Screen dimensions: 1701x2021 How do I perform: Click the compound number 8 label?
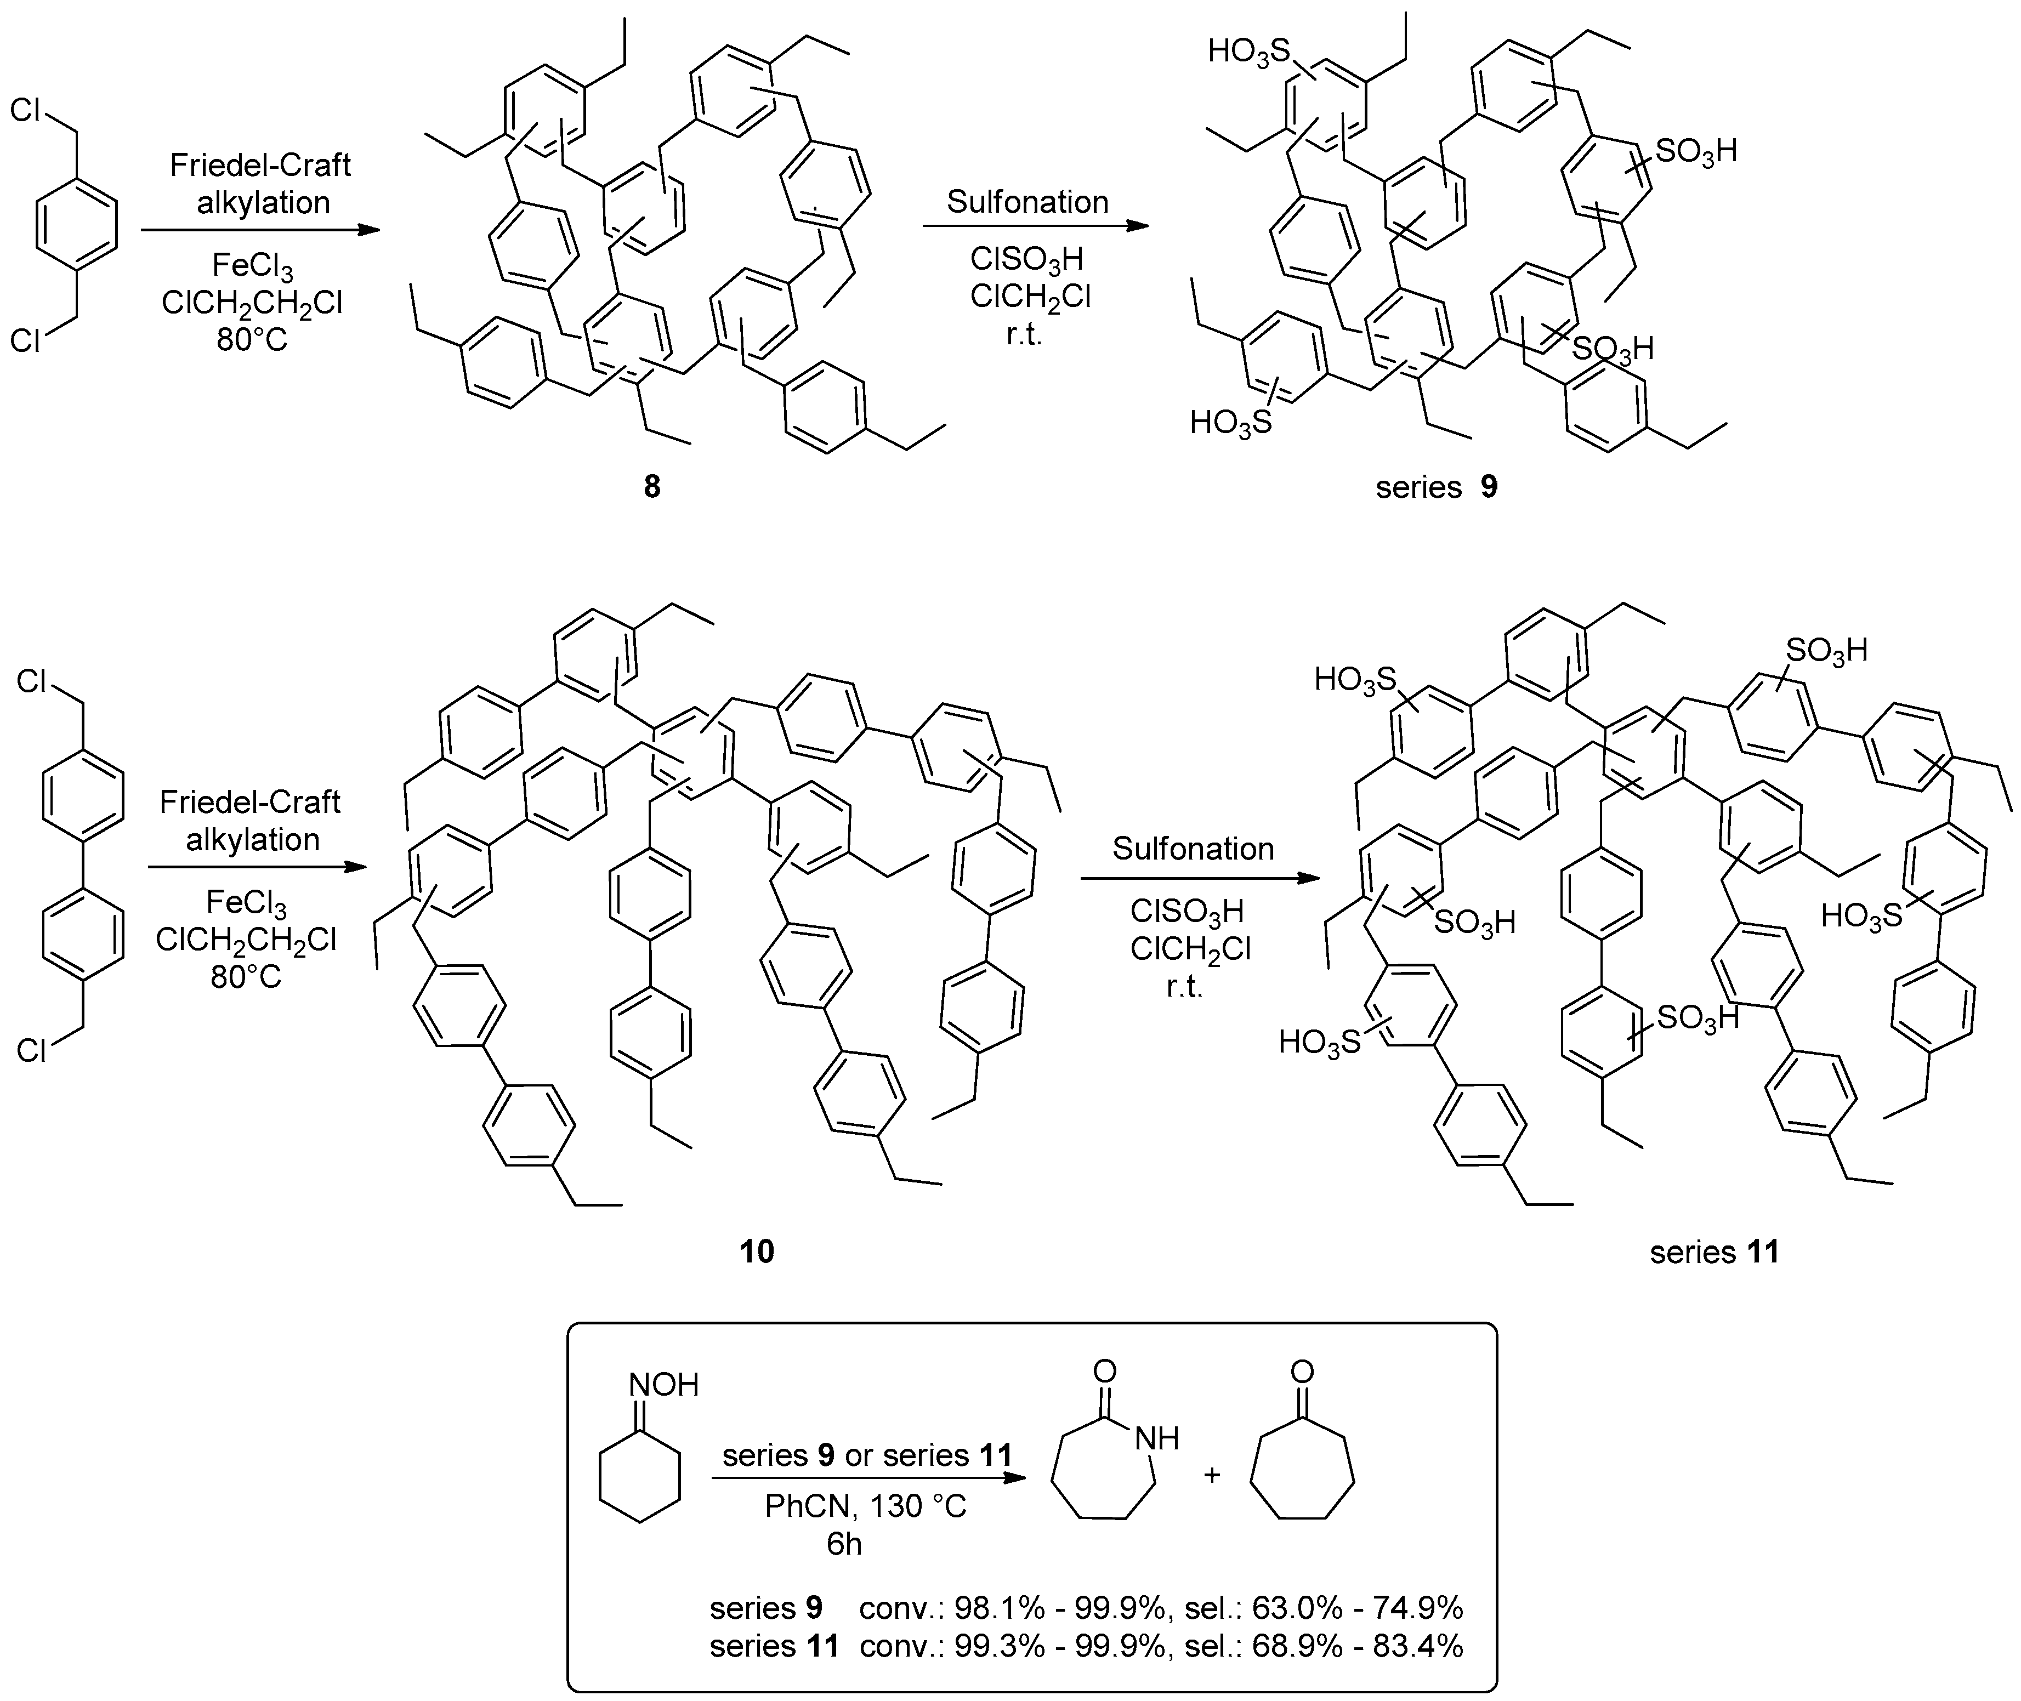pos(652,487)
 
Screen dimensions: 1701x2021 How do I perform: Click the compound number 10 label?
pos(757,1251)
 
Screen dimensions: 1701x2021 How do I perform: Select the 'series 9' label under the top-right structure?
pos(1436,487)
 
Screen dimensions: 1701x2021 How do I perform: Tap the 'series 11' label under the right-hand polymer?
pos(1713,1251)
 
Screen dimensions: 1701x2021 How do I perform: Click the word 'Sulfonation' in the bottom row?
pos(1193,849)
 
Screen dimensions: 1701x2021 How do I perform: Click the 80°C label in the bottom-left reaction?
pos(246,977)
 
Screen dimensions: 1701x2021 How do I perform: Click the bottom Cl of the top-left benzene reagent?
pos(25,339)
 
